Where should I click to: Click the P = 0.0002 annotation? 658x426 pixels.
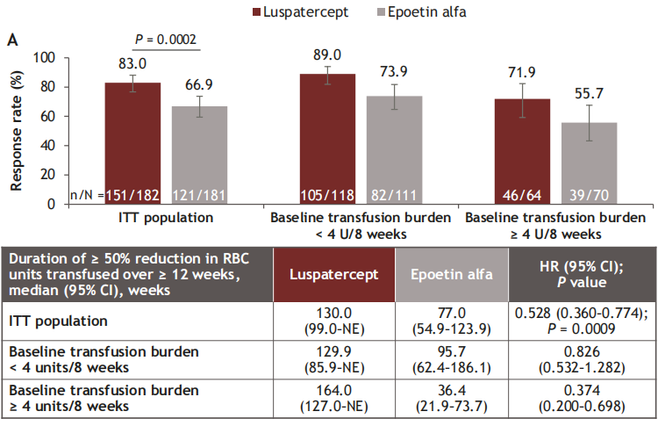coord(166,39)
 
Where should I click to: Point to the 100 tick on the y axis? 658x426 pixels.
coord(45,58)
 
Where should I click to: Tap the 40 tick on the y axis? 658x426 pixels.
coord(48,145)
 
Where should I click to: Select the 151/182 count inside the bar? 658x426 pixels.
coord(133,195)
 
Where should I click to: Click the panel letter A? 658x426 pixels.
coord(12,40)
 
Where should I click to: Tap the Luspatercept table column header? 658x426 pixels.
coord(335,273)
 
